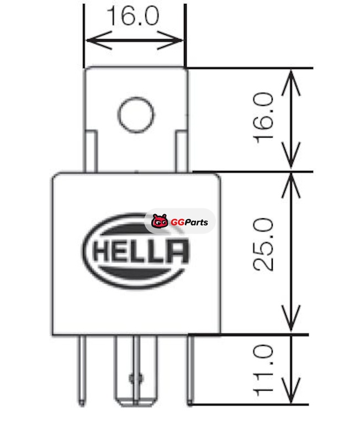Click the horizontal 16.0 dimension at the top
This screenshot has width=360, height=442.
pos(133,16)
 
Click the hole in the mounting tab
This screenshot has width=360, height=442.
pos(136,115)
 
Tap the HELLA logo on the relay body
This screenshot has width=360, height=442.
pos(136,251)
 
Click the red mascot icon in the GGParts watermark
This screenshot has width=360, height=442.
pos(160,222)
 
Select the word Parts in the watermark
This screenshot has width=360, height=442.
pos(196,223)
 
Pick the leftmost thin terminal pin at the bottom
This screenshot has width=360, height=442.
pos(82,370)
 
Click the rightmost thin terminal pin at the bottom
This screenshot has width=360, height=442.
pos(190,370)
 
